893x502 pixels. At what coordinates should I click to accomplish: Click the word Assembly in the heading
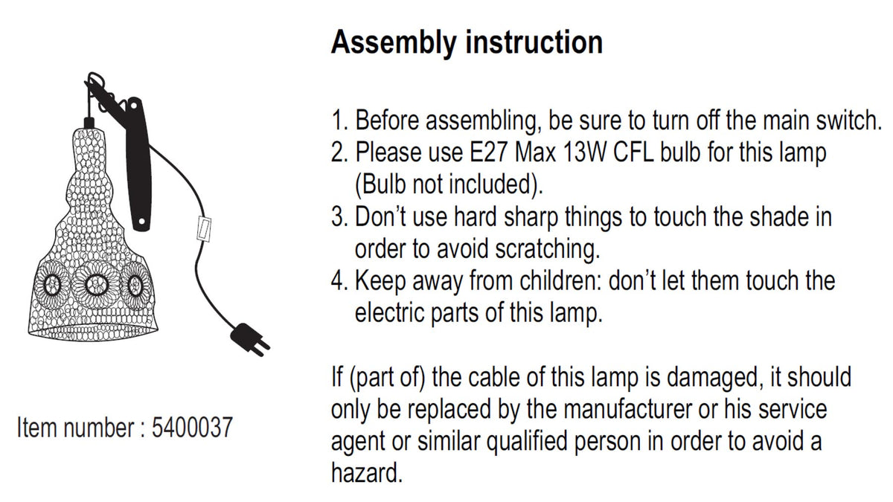pyautogui.click(x=394, y=43)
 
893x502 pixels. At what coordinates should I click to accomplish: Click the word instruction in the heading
pyautogui.click(x=534, y=42)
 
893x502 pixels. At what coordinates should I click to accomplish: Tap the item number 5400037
pyautogui.click(x=192, y=428)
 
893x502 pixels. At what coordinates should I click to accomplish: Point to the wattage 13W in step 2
pyautogui.click(x=585, y=152)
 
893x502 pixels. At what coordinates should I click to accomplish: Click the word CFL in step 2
pyautogui.click(x=634, y=152)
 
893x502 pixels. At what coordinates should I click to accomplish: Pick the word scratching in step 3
pyautogui.click(x=548, y=249)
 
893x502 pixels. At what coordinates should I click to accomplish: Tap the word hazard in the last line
pyautogui.click(x=367, y=473)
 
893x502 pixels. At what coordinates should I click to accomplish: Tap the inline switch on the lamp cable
pyautogui.click(x=204, y=228)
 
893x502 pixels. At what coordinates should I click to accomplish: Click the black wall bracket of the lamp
pyautogui.click(x=138, y=164)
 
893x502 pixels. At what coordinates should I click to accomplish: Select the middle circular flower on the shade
pyautogui.click(x=96, y=283)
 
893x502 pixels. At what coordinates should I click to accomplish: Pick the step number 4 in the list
pyautogui.click(x=339, y=280)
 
